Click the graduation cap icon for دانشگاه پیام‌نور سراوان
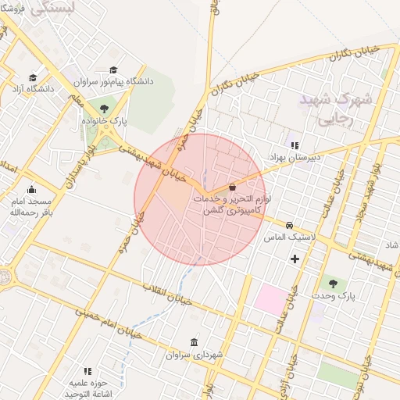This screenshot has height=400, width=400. [x=115, y=70]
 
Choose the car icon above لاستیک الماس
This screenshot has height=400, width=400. [x=289, y=224]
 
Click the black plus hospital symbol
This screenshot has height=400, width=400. [x=295, y=259]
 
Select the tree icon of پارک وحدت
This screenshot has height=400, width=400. [x=334, y=284]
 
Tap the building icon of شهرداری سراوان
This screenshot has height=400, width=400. [x=194, y=342]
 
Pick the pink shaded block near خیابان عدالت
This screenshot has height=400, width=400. [x=272, y=299]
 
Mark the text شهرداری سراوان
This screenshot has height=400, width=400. [x=195, y=355]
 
